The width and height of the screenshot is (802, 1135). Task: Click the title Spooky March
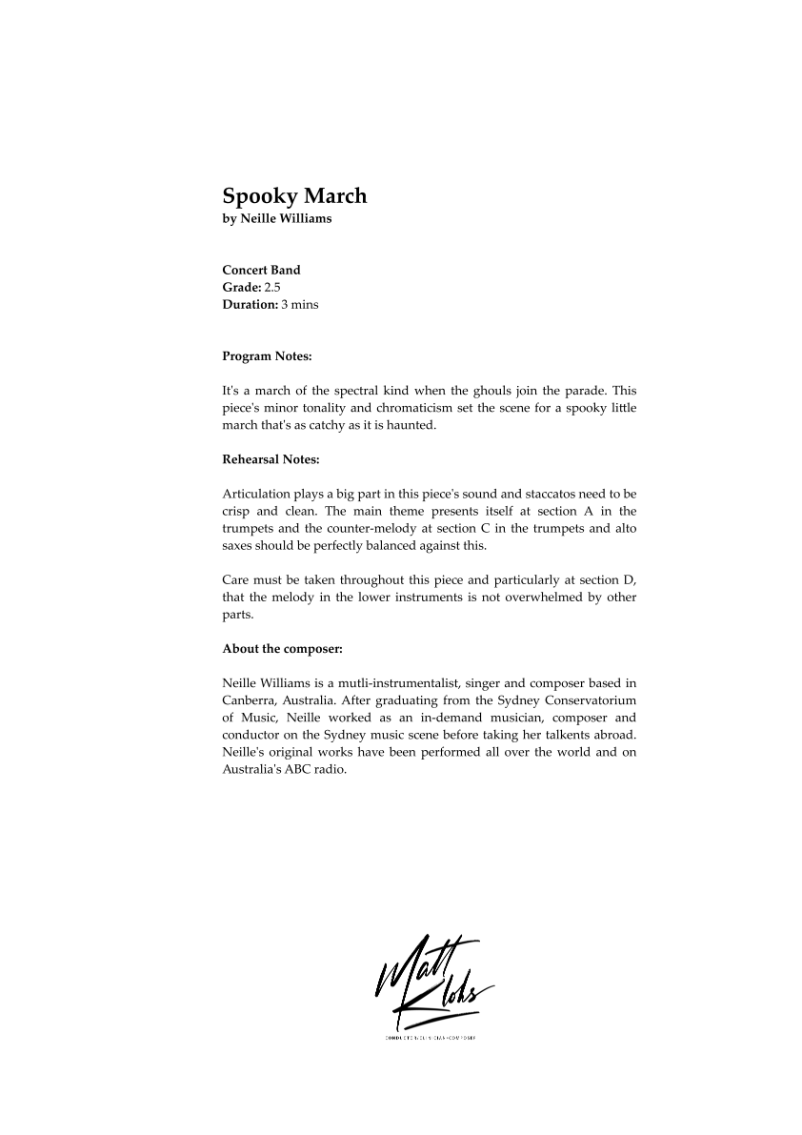coord(294,196)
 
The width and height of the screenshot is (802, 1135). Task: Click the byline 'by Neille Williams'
coord(277,219)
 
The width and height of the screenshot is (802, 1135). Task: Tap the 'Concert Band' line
coord(261,270)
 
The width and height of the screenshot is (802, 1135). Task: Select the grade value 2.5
coord(272,287)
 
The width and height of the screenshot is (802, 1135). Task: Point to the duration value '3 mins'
coord(300,305)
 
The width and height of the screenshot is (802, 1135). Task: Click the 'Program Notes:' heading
coord(268,356)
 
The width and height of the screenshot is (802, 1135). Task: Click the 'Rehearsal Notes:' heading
coord(271,459)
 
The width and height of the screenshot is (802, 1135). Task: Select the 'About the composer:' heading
coord(282,649)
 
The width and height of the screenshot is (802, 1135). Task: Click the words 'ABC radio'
coord(316,769)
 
